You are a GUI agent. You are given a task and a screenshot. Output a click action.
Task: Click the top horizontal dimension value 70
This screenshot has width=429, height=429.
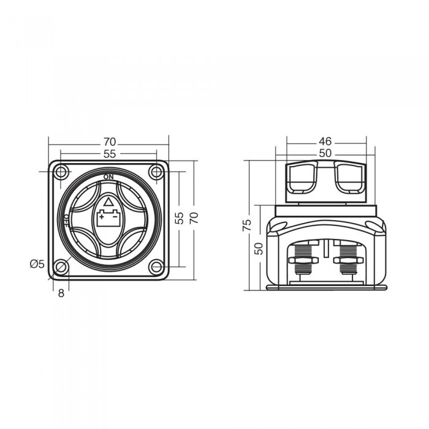coord(110,142)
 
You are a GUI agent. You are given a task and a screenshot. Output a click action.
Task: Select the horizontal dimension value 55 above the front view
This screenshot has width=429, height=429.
coord(110,154)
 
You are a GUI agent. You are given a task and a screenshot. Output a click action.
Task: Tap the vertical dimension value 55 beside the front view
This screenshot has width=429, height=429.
coord(179,218)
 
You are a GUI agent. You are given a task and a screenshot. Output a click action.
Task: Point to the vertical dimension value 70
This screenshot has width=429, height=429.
coord(194,218)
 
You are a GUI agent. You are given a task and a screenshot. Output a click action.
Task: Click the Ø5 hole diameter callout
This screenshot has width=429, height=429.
coord(37,264)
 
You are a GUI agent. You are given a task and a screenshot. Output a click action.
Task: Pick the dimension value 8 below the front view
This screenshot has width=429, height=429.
coord(61,294)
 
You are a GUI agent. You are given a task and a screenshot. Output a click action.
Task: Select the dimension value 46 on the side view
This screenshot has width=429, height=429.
coord(325,142)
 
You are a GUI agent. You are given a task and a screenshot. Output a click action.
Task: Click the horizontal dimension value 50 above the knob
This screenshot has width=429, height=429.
coord(325,153)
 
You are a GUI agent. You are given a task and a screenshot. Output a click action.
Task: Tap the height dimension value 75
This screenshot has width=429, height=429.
coord(247,225)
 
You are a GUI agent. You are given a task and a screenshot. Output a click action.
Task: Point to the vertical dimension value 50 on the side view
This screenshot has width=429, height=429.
coord(259,248)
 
